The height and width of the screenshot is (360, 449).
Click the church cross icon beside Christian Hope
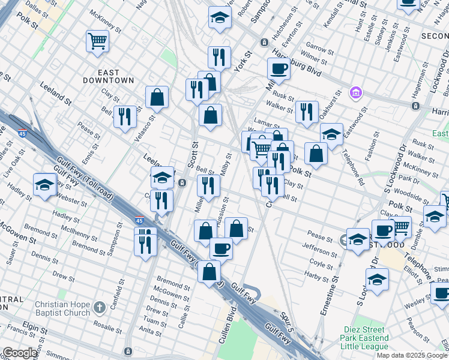click(x=101, y=309)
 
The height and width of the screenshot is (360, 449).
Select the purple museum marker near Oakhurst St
click(x=355, y=93)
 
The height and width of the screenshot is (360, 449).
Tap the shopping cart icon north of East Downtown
click(x=97, y=41)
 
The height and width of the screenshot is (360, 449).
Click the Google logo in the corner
click(x=20, y=353)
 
